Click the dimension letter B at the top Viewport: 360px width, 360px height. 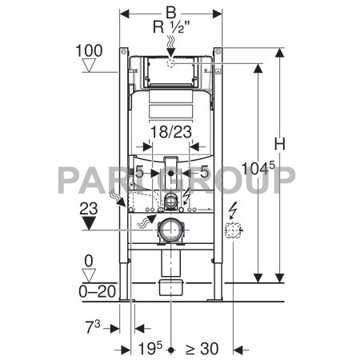pyautogui.click(x=170, y=12)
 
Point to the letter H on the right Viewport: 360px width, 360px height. pyautogui.click(x=279, y=145)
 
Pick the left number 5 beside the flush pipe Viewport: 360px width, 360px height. pyautogui.click(x=139, y=170)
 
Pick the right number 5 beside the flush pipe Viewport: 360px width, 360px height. pyautogui.click(x=204, y=170)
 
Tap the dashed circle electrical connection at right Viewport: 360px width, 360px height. pyautogui.click(x=234, y=231)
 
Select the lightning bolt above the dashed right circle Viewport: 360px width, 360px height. pyautogui.click(x=234, y=212)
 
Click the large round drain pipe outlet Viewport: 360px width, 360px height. pyautogui.click(x=170, y=231)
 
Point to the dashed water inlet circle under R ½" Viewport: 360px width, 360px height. pyautogui.click(x=170, y=62)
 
